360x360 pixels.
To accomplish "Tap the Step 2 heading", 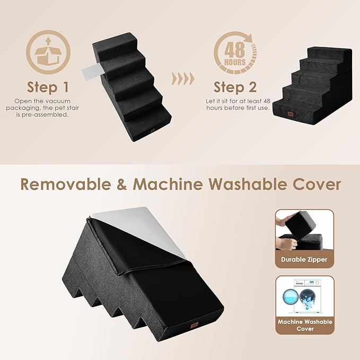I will (x=235, y=86).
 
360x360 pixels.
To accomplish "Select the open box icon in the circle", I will (x=48, y=52).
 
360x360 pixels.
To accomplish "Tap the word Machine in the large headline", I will (x=168, y=184).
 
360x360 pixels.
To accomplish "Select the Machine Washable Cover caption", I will (x=304, y=324).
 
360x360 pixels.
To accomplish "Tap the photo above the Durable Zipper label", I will (x=304, y=231).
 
